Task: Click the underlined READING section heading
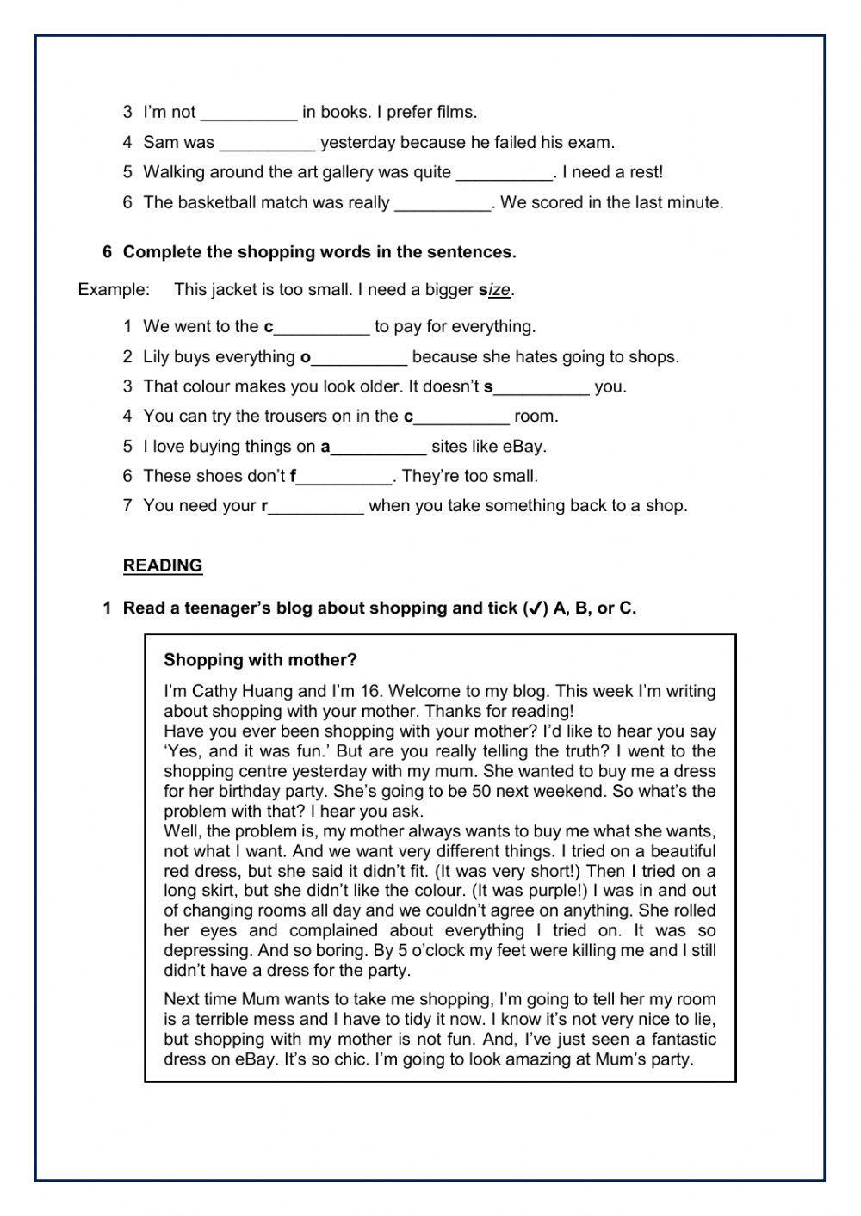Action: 163,565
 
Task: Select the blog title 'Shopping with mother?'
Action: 260,660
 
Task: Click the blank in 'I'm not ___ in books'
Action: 248,113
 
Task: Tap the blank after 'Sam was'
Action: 267,143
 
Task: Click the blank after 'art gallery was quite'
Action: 504,172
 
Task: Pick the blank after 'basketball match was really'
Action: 443,203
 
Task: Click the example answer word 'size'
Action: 495,290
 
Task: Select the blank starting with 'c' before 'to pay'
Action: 320,327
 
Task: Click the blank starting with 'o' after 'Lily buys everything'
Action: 358,357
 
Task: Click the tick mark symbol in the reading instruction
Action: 534,609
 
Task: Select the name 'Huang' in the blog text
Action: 268,691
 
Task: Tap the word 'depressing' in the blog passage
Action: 205,951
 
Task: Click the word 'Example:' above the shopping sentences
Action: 114,290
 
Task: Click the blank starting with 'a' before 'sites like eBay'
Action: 379,447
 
